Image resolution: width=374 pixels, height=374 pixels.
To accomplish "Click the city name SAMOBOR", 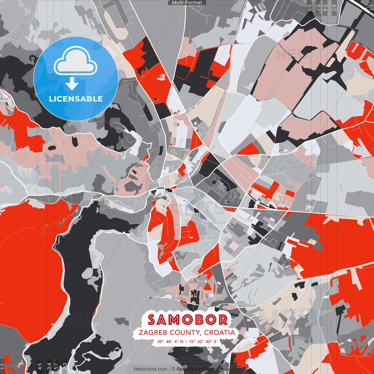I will pos(187,320).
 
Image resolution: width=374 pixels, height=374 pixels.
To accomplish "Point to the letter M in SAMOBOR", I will pos(175,320).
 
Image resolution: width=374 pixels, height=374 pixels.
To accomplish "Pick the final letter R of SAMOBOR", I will pos(223,320).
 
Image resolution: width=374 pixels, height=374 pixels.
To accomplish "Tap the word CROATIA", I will pos(219,333).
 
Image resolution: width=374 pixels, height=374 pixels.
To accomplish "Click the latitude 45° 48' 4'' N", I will pos(170,341).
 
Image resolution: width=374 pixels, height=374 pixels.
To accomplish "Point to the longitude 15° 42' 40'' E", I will pos(203,341).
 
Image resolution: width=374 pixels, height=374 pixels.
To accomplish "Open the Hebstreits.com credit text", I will pos(150,369).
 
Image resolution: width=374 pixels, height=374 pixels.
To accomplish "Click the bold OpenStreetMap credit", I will pos(194,369).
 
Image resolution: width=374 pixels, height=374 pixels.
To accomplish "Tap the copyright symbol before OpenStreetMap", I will pos(173,369).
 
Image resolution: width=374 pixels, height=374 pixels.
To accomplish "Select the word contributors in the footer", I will pos(227,369).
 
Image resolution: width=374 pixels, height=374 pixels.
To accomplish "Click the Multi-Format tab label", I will pos(187,3).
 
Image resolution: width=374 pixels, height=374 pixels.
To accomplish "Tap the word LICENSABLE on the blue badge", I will pos(76,99).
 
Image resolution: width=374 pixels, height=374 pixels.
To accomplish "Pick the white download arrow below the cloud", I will pos(72,84).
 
